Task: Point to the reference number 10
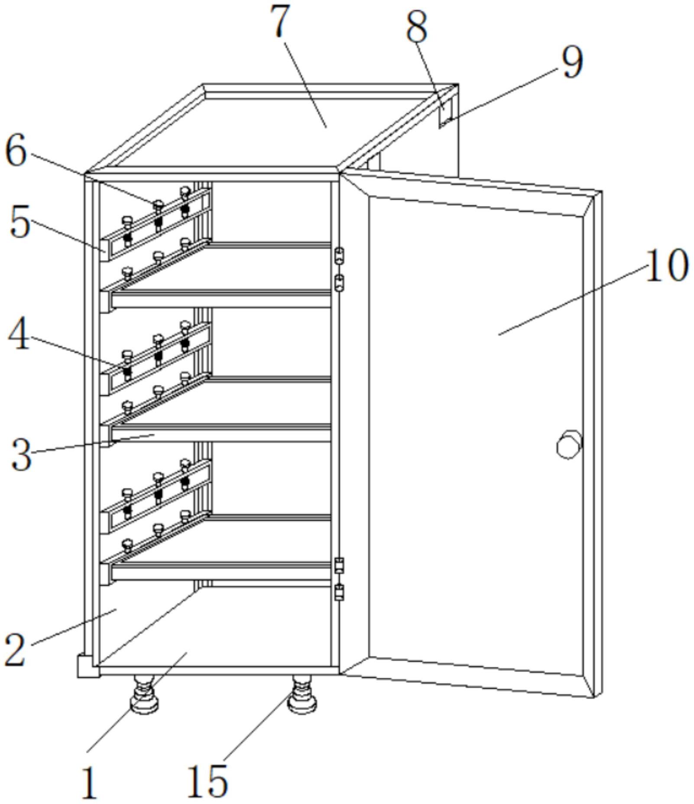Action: (667, 265)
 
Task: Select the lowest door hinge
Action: (340, 592)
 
